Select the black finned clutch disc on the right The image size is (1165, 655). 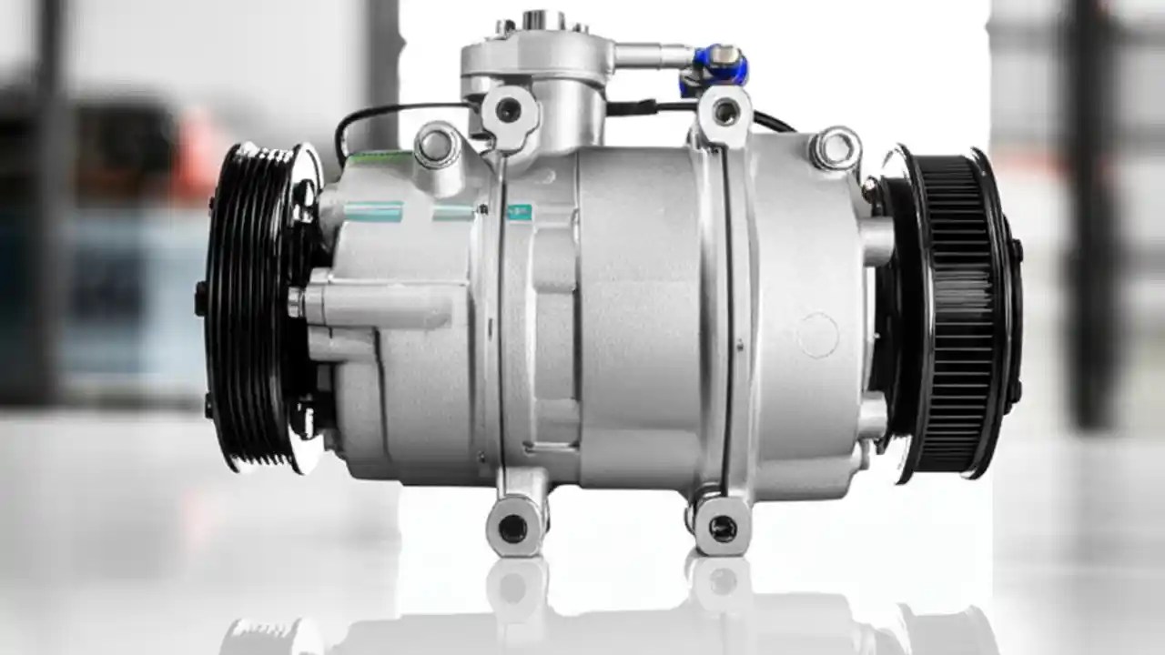coord(956,314)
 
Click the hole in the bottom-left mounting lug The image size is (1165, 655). coord(513,528)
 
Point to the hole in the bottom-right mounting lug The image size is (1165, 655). coord(723,528)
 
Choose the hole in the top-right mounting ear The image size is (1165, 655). coord(725,112)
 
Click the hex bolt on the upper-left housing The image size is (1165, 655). coord(436,145)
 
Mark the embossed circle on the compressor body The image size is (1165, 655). coord(818,335)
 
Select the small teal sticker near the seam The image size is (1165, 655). coord(519,213)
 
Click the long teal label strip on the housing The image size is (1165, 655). coord(373,212)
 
